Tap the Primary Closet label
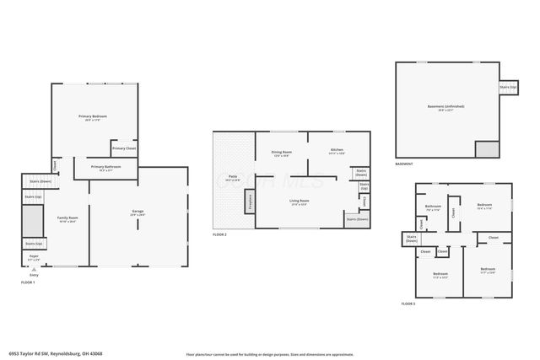(x=124, y=148)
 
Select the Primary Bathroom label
(x=105, y=167)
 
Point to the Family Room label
(x=67, y=218)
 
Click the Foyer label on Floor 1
(x=35, y=256)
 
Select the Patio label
(x=231, y=176)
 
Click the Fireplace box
(x=249, y=201)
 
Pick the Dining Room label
(x=281, y=153)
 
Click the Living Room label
(x=300, y=201)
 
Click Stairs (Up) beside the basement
(x=508, y=87)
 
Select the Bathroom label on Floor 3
(x=434, y=206)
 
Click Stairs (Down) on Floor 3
(x=413, y=239)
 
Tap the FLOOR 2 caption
(x=220, y=234)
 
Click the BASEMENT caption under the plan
(x=404, y=164)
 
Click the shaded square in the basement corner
(x=487, y=149)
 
